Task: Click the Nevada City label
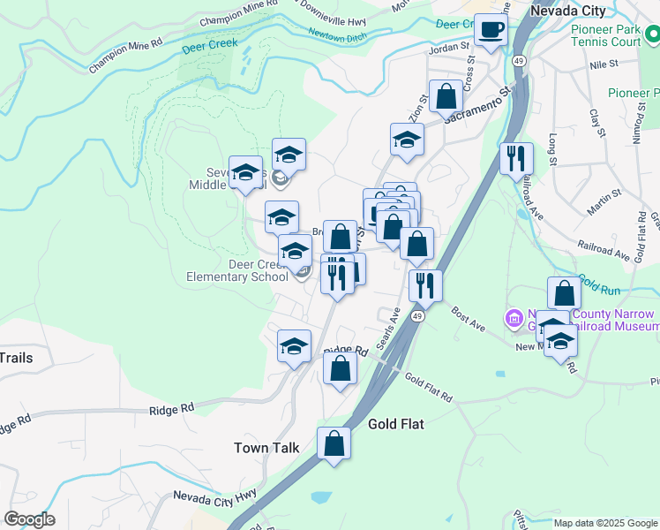(567, 11)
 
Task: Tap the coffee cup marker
(491, 31)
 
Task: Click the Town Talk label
(266, 448)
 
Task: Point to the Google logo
(29, 519)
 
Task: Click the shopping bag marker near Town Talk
(334, 444)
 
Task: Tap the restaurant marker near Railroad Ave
(516, 159)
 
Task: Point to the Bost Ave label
(468, 320)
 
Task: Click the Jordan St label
(446, 50)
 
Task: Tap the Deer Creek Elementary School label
(236, 270)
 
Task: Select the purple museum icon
(513, 318)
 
